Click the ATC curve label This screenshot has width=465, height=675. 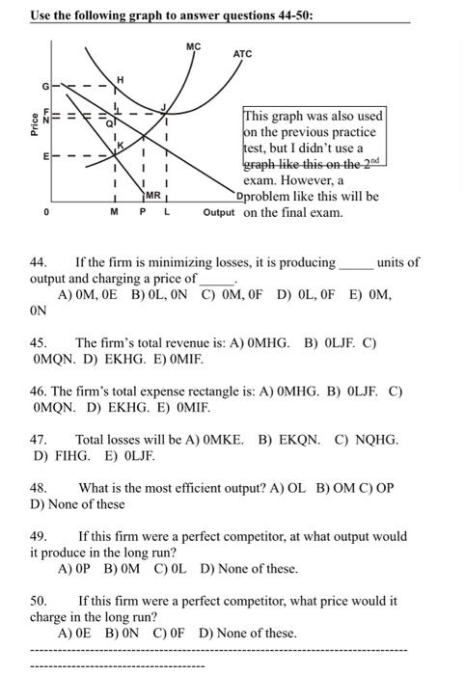click(242, 54)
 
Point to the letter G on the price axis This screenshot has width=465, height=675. click(44, 87)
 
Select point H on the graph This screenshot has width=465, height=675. click(121, 77)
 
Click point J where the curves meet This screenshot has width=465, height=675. click(165, 107)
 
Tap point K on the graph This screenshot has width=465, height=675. click(123, 145)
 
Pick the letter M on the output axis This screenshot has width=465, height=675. click(115, 213)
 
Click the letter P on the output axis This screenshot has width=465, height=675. click(143, 213)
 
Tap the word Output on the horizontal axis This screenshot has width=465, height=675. click(219, 212)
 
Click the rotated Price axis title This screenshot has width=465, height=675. click(35, 122)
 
